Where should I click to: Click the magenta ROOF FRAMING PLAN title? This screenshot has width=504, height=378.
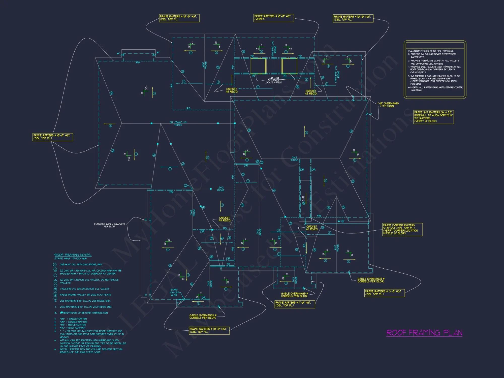pyautogui.click(x=424, y=333)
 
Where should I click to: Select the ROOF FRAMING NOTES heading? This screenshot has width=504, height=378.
pyautogui.click(x=73, y=255)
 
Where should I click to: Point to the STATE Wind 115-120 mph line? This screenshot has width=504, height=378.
pyautogui.click(x=71, y=259)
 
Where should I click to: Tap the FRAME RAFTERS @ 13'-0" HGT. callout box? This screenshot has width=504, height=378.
pyautogui.click(x=385, y=293)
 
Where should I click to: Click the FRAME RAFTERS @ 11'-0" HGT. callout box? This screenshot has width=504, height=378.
pyautogui.click(x=295, y=304)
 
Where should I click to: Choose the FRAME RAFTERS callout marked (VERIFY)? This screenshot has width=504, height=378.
pyautogui.click(x=274, y=18)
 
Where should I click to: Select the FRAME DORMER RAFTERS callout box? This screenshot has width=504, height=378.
pyautogui.click(x=402, y=229)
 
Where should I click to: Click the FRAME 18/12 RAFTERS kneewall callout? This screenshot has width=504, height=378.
pyautogui.click(x=433, y=117)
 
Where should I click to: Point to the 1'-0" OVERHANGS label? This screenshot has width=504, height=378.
pyautogui.click(x=388, y=105)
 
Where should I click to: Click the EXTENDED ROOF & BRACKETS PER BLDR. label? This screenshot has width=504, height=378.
pyautogui.click(x=109, y=225)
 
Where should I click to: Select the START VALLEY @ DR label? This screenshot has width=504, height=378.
pyautogui.click(x=174, y=292)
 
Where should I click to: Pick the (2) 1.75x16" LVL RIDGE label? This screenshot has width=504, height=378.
pyautogui.click(x=178, y=123)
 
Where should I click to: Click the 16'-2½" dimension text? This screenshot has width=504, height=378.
pyautogui.click(x=341, y=221)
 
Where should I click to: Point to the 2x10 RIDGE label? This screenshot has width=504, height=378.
pyautogui.click(x=295, y=280)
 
